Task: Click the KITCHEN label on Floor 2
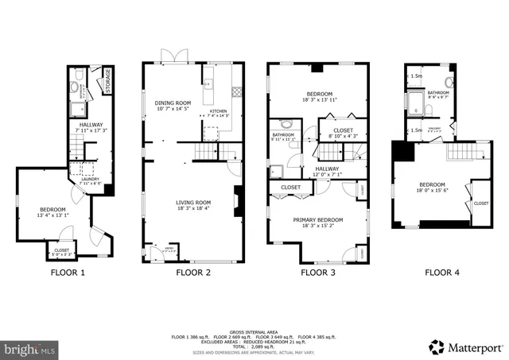(x=218, y=112)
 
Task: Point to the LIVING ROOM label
(x=193, y=203)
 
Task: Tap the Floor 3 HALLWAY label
(x=326, y=168)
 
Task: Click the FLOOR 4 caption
(x=441, y=273)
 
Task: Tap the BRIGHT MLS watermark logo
(x=31, y=348)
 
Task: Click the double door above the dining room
(x=173, y=56)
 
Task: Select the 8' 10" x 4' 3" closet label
(x=343, y=133)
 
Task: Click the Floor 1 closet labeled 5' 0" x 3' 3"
(x=61, y=251)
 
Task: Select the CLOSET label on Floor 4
(x=481, y=203)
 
